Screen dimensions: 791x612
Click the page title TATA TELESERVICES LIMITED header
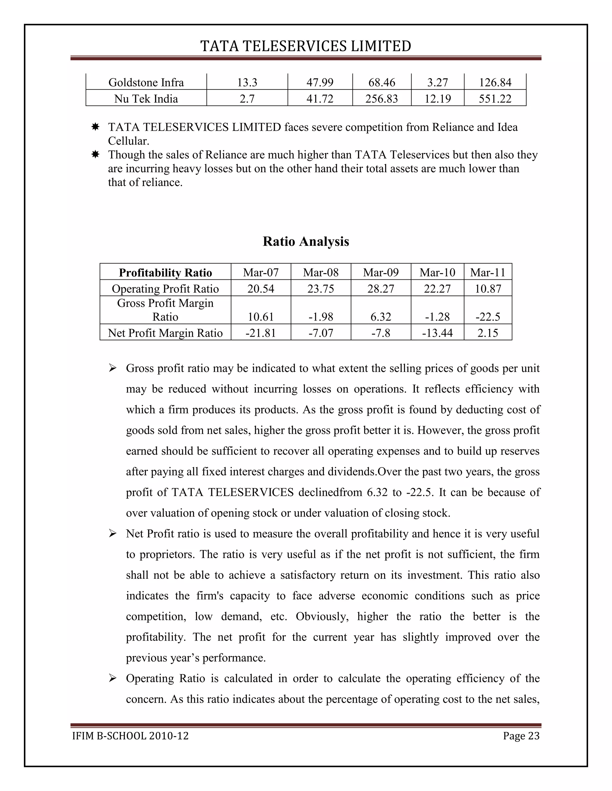tap(306, 46)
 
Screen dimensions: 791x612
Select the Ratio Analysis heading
tap(306, 241)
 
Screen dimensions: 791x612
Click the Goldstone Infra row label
tap(146, 83)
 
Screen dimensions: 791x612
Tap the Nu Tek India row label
tap(146, 99)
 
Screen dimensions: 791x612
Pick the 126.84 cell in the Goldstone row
tap(495, 83)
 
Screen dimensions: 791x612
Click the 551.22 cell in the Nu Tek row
tap(495, 99)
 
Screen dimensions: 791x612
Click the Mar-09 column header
tap(381, 272)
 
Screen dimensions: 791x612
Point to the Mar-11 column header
tap(488, 272)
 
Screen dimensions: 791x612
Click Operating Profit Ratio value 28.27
tap(381, 289)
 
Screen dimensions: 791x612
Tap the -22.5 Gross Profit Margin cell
tap(488, 317)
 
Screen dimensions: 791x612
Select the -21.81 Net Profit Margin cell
tap(261, 333)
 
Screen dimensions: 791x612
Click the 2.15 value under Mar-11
tap(488, 333)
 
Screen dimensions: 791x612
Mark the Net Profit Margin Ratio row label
tap(165, 333)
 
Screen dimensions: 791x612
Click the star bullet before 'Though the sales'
tap(95, 155)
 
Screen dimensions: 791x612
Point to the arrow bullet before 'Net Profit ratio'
tap(112, 533)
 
